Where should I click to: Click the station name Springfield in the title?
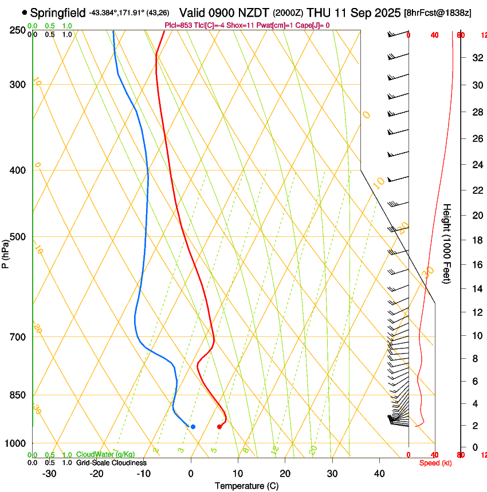tap(58, 12)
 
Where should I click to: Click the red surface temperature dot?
tap(219, 426)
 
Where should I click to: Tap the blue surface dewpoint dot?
tap(193, 426)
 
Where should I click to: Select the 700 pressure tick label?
tap(18, 337)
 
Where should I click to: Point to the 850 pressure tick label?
tap(18, 395)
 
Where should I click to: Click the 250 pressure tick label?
tap(18, 30)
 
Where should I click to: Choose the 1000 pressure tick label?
tap(15, 443)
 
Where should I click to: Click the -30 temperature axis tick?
tap(49, 474)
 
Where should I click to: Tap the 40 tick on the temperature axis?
tap(379, 474)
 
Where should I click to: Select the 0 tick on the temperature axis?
tap(191, 474)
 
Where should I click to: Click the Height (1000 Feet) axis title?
tap(447, 243)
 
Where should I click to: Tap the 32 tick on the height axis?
tap(476, 58)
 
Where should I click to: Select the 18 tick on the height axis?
tap(476, 240)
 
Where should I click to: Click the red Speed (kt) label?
tap(435, 463)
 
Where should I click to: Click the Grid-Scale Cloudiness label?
tap(111, 463)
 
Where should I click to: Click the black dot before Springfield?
tap(24, 12)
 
